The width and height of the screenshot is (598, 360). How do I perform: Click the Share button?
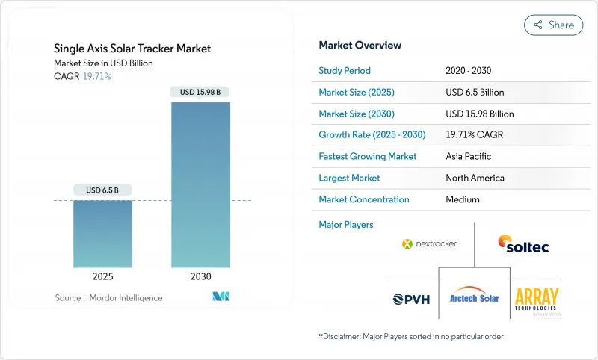pos(553,25)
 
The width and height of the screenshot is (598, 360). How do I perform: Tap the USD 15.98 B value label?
pos(200,93)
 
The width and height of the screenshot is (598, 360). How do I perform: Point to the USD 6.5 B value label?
pos(102,190)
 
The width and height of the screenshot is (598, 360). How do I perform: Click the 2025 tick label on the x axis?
pos(102,276)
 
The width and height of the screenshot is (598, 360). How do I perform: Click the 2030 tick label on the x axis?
pos(200,276)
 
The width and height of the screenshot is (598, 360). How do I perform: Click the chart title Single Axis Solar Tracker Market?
pos(132,49)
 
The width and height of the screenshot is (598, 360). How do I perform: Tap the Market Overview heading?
pos(360,45)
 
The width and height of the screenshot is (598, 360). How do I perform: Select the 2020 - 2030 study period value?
pos(468,71)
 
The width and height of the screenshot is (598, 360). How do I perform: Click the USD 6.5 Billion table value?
pos(474,93)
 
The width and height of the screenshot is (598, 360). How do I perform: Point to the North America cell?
pos(475,178)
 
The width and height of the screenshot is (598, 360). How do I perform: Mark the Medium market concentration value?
pos(462,199)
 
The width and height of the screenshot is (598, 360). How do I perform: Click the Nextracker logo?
pos(429,243)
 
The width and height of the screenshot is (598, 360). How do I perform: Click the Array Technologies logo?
pos(537,298)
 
